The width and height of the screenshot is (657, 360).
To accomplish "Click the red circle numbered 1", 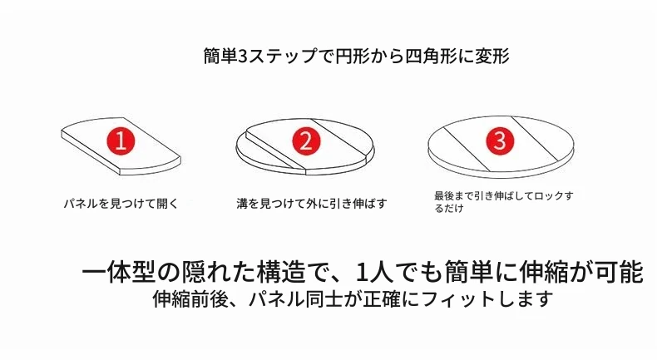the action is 121,141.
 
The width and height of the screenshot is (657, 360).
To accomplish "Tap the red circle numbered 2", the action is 306,141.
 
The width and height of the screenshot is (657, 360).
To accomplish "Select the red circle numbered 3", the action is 500,140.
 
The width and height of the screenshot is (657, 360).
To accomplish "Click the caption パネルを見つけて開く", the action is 121,204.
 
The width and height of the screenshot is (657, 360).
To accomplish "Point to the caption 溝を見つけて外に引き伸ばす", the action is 312,204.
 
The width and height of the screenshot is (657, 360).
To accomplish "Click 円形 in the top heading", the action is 353,56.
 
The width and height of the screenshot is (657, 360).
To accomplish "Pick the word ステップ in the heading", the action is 284,56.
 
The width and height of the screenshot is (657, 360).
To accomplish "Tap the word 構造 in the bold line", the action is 280,273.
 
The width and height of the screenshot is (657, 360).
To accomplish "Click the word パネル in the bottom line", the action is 276,298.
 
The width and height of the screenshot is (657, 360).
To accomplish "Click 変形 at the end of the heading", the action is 492,56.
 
